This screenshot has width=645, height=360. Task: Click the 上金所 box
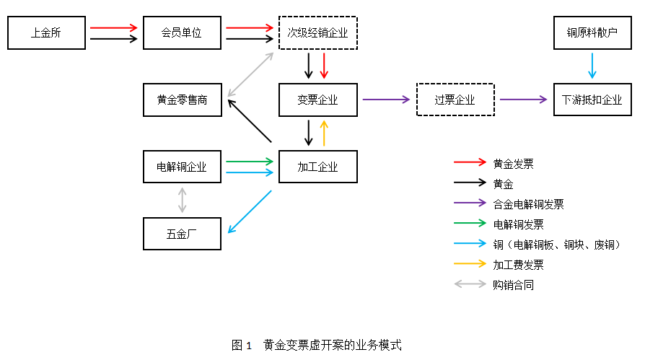(46, 32)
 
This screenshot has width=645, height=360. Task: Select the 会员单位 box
(182, 32)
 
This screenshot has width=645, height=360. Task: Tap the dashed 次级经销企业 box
(317, 32)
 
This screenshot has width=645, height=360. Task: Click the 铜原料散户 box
(592, 32)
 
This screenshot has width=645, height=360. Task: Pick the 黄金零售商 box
(182, 100)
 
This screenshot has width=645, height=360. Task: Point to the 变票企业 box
(317, 100)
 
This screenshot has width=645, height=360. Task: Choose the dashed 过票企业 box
(455, 100)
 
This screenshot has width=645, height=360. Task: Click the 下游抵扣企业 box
(592, 100)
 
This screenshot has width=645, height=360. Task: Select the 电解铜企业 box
(182, 167)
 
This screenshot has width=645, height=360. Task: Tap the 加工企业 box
(317, 167)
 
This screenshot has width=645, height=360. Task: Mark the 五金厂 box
(182, 233)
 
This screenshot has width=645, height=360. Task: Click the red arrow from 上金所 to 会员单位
(113, 27)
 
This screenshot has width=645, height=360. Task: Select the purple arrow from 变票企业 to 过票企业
(386, 100)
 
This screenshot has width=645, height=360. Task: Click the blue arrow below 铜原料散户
(592, 66)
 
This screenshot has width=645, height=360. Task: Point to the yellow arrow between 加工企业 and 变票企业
(324, 133)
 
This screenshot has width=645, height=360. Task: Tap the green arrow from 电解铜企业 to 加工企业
(250, 162)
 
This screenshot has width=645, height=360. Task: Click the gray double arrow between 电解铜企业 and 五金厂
(182, 200)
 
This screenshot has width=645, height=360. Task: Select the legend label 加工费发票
(518, 265)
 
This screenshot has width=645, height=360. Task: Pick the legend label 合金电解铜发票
(528, 204)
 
